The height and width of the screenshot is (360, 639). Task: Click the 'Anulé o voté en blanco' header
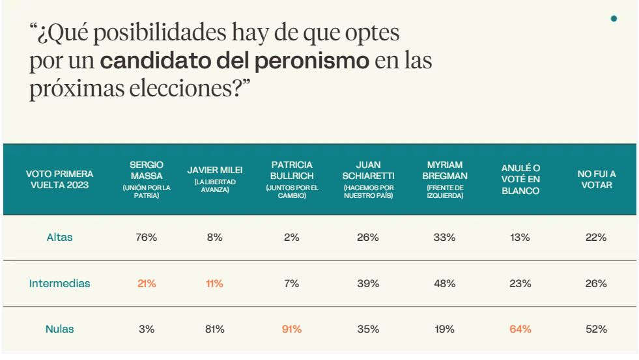[x=520, y=179]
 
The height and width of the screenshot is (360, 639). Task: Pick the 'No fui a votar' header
[x=596, y=179]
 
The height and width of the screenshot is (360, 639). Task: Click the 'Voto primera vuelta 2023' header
[x=59, y=179]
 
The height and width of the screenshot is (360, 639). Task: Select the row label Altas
[x=59, y=238]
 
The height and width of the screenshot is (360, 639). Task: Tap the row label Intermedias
[x=59, y=284]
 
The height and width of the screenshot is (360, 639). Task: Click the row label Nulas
[x=59, y=329]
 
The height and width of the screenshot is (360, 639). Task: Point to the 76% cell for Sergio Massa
[x=147, y=238]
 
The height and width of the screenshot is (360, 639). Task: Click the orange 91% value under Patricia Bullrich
[x=292, y=329]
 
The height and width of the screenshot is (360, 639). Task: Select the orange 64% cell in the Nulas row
[x=520, y=329]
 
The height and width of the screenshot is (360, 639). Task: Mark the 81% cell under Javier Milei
[x=214, y=329]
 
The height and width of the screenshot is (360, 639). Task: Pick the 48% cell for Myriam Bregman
[x=444, y=284]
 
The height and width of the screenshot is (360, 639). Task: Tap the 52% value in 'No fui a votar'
[x=596, y=329]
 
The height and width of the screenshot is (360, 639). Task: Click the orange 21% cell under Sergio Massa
[x=147, y=284]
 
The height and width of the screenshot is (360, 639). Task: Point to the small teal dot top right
[x=614, y=19]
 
